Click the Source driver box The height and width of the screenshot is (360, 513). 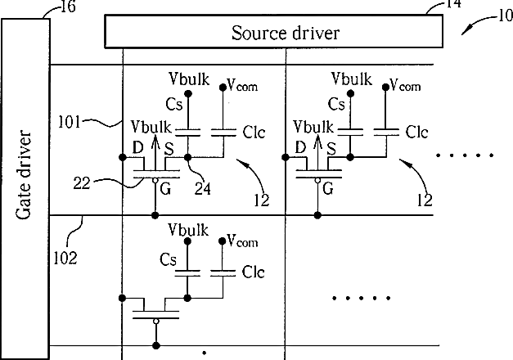pos(274,31)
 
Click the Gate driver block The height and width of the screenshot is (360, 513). pos(25,189)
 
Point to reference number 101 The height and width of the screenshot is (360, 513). pos(69,123)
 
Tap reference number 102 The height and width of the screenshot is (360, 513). pos(65,259)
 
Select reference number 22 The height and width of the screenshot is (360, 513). pos(82,183)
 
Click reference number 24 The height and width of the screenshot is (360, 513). pos(203,188)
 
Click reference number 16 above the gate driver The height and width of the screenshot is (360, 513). pos(68,7)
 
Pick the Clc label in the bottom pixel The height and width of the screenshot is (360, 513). pos(254,272)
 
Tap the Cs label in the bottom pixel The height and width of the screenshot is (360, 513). pos(169,259)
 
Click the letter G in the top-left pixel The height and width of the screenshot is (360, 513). pos(165,188)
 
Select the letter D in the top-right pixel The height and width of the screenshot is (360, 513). pos(300,147)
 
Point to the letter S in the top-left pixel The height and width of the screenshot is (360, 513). pos(169,149)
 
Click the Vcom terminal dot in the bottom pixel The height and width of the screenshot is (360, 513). pos(223,241)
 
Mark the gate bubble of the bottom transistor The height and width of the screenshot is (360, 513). pos(156,321)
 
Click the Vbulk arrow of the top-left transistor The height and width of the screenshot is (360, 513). pos(155,151)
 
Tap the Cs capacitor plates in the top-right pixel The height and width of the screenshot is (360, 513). pos(350,132)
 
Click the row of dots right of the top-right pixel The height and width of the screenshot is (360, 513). pos(465,155)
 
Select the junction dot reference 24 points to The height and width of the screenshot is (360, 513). pos(187,157)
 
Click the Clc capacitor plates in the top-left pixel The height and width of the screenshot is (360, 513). pos(223,133)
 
